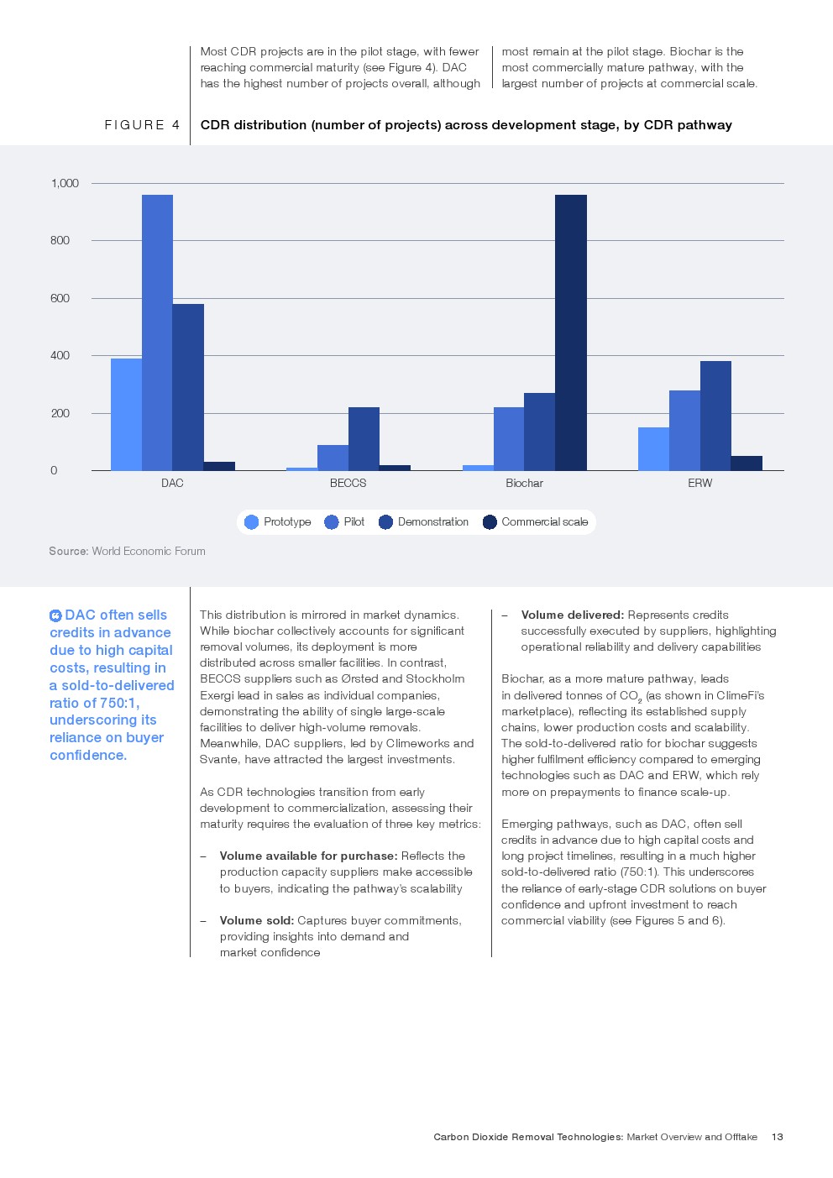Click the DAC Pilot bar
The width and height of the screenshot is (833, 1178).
pyautogui.click(x=157, y=332)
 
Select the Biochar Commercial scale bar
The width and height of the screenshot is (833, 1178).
pyautogui.click(x=571, y=332)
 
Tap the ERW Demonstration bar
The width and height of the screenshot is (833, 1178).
pyautogui.click(x=715, y=416)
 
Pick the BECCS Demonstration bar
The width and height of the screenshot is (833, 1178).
pyautogui.click(x=364, y=439)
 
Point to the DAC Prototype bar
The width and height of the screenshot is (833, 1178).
pyautogui.click(x=126, y=415)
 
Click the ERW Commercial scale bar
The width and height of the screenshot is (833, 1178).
pyautogui.click(x=747, y=463)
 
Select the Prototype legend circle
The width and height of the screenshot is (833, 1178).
pyautogui.click(x=252, y=522)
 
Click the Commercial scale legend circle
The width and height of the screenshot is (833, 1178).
pyautogui.click(x=490, y=522)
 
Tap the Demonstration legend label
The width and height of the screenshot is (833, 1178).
pyautogui.click(x=432, y=521)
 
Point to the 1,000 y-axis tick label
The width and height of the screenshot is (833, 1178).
pyautogui.click(x=65, y=183)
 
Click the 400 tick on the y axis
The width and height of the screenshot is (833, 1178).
pyautogui.click(x=60, y=355)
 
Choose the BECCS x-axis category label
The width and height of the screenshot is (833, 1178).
pyautogui.click(x=348, y=483)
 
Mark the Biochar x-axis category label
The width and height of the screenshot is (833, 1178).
pyautogui.click(x=524, y=483)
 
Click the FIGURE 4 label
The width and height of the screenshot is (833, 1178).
pyautogui.click(x=142, y=124)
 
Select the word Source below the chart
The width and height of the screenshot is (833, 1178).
pyautogui.click(x=67, y=551)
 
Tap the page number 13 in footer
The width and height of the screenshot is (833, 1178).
pyautogui.click(x=778, y=1137)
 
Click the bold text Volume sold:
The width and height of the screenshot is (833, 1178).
pyautogui.click(x=257, y=920)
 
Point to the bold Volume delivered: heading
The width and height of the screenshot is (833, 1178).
pyautogui.click(x=572, y=615)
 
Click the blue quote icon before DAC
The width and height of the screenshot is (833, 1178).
pyautogui.click(x=55, y=615)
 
